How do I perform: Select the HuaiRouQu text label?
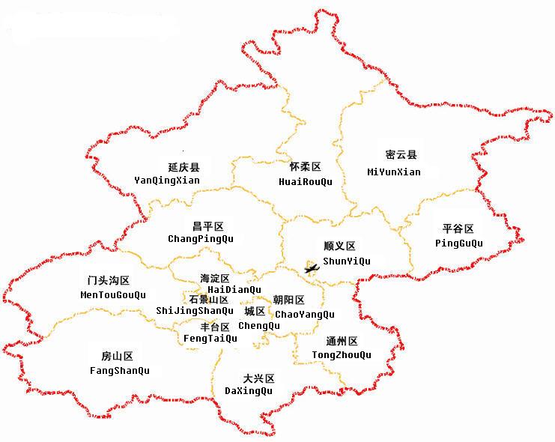pos(305,181)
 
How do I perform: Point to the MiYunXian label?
pos(394,172)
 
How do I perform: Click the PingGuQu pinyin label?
pos(459,243)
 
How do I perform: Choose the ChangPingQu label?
pos(201,239)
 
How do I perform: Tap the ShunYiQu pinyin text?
pos(346,261)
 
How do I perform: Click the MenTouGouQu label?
pos(113,294)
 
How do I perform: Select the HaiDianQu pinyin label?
pos(234,289)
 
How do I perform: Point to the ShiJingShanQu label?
pos(195,311)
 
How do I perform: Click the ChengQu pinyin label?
pos(259,326)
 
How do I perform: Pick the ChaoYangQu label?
pos(305,315)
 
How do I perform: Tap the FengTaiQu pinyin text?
pos(210,339)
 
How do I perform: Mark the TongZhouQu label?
pos(342,354)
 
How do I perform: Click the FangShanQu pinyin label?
pos(119,371)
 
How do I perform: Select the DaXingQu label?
pos(249,391)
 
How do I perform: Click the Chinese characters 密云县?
pos(401,155)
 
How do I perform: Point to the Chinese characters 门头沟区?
pos(109,281)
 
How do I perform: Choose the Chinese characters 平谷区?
pos(458,228)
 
